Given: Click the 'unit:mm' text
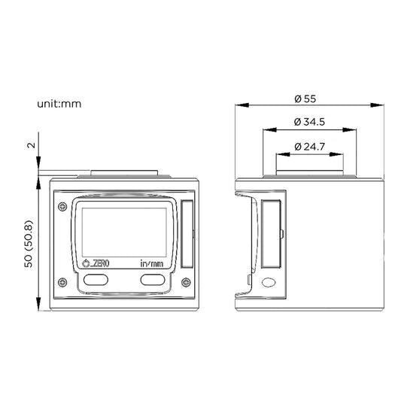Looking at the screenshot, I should coord(59,103).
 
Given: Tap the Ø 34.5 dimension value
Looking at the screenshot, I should coord(310,122).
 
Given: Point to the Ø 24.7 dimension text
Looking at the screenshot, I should coord(310,146).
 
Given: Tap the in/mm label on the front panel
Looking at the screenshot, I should coord(151,264).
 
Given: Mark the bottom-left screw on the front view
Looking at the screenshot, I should coord(61,283).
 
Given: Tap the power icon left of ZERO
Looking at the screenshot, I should coord(85,263).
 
